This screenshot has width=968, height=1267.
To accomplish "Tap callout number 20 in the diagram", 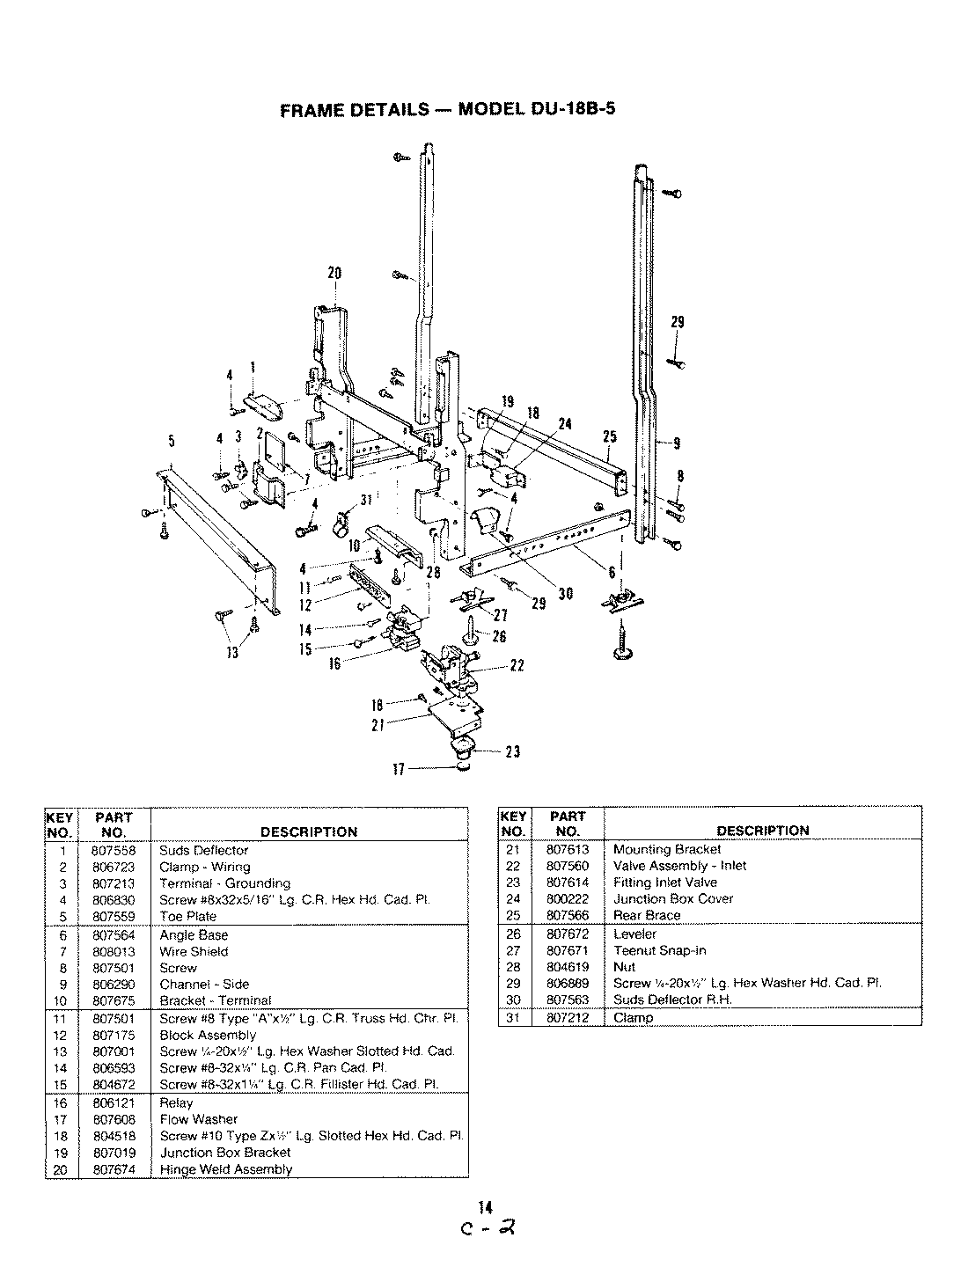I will point(334,273).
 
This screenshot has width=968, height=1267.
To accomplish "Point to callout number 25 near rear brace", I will point(610,437).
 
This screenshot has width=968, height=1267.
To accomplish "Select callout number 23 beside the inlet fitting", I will point(513,751).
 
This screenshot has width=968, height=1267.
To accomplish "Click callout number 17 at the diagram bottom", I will point(398,769).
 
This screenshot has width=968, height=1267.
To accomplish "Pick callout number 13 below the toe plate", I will point(233,652).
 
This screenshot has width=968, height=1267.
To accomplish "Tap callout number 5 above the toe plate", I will point(170,441).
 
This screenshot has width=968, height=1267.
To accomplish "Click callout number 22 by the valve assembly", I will point(517,666).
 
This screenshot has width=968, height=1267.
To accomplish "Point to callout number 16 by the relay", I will point(334,664).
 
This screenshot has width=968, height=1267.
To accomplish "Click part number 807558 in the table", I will point(114,850).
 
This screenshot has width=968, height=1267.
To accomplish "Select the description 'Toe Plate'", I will point(187,916).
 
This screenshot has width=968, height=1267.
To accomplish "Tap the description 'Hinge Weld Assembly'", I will point(225,1169).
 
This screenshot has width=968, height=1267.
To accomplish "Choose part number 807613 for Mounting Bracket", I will point(568,849).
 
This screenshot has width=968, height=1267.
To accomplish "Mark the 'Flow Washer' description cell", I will point(198,1119).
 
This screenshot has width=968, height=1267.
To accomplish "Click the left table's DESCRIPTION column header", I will point(308,831).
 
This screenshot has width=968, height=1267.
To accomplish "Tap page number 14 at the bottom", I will point(485,1207).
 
